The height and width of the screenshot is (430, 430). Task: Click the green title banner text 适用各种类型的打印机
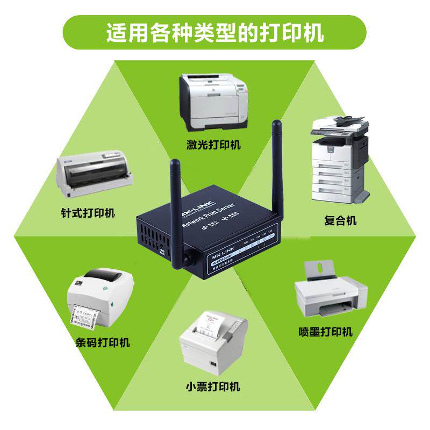coord(214,33)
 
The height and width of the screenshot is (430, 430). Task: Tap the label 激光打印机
coord(214,145)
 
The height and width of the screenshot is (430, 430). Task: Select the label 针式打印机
coord(88,213)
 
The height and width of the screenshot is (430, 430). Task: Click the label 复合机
coord(340,220)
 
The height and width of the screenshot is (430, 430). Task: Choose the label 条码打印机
coord(103,342)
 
